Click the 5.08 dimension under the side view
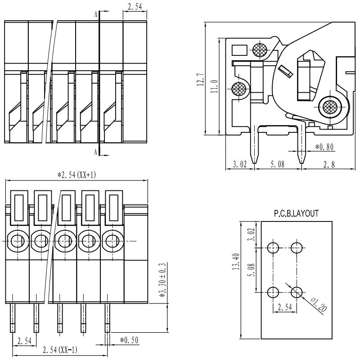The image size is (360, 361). [x=277, y=165]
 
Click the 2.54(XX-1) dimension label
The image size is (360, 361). [x=59, y=350]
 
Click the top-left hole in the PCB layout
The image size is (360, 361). [x=273, y=247]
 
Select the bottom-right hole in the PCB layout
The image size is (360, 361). [x=296, y=293]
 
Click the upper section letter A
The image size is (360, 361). [x=96, y=14]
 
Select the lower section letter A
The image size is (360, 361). [x=96, y=152]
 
